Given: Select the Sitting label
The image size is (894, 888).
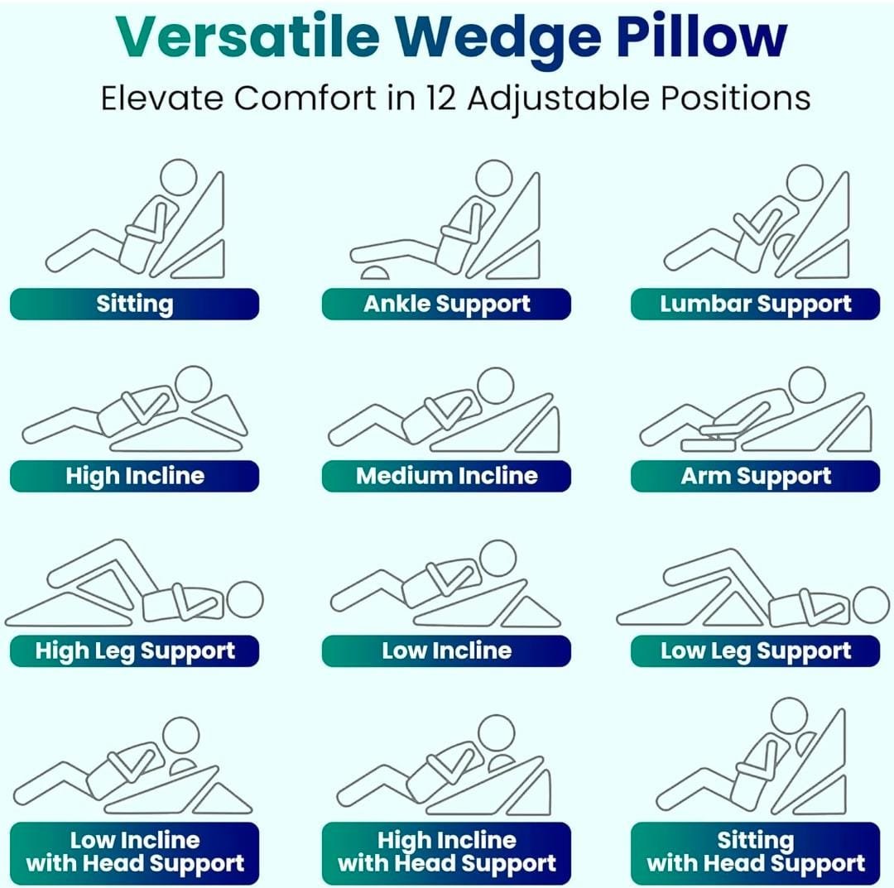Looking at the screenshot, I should [x=134, y=304].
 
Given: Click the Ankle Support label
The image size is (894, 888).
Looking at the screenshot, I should [x=446, y=304].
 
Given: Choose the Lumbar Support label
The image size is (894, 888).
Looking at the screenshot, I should [x=755, y=304].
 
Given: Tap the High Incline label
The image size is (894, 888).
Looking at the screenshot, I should [x=134, y=476].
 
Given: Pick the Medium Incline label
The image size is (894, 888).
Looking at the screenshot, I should [x=446, y=476].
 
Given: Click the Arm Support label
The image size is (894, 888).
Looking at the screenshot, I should [x=755, y=476].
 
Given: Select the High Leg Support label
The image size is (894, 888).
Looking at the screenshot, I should [x=134, y=651].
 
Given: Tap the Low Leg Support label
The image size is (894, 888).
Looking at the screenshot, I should [x=755, y=651].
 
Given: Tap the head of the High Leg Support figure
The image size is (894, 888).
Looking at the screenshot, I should [x=245, y=600].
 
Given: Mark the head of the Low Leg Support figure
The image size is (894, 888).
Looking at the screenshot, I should [x=870, y=605].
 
